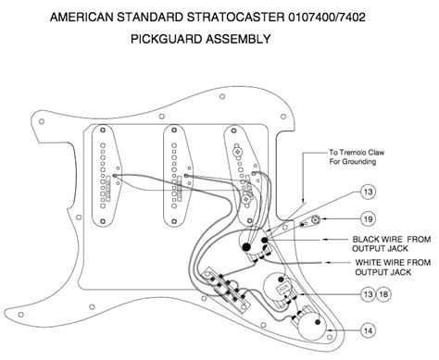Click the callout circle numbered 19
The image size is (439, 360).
(369, 218)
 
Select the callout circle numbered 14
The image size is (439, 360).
(369, 329)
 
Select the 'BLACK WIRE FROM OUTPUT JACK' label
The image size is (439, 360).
(380, 242)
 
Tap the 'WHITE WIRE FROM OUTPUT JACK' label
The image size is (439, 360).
(380, 267)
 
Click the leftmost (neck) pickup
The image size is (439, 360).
(104, 173)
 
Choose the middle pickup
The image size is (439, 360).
(174, 173)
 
